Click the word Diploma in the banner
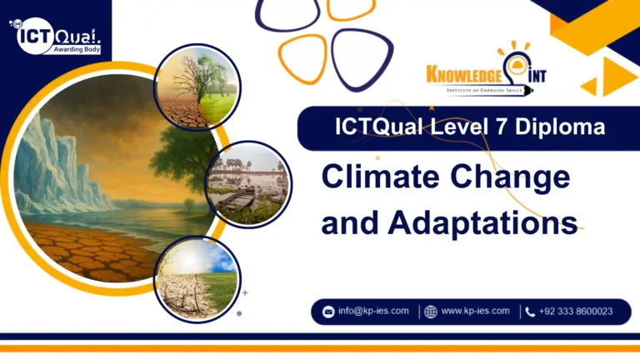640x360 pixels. coord(565,127)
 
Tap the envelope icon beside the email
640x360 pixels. coord(328,312)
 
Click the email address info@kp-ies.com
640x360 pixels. coord(373,311)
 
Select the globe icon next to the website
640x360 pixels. coord(430,312)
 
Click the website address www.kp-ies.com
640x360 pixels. coord(475,311)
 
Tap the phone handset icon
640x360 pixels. coord(530,312)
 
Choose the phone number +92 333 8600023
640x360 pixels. coord(576,311)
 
